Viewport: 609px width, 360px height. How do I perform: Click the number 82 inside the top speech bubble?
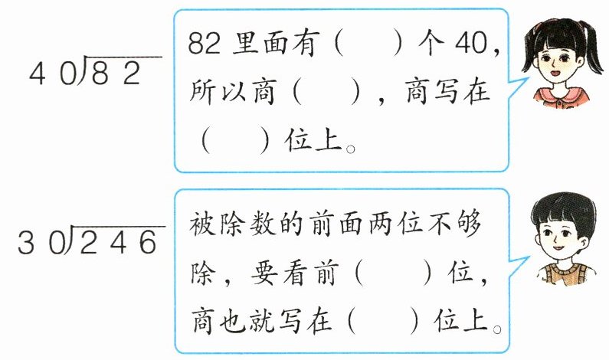[x=204, y=44]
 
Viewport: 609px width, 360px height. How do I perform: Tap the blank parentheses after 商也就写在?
[x=383, y=322]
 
